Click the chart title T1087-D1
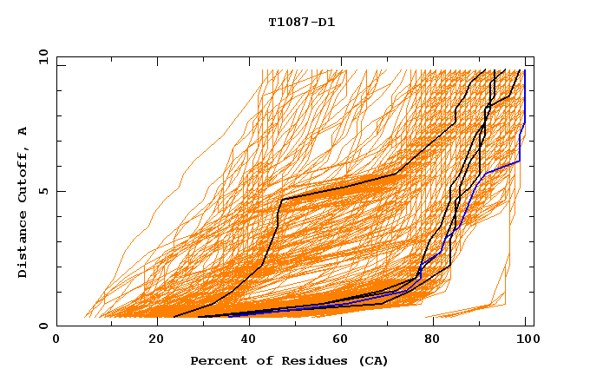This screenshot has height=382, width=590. pos(301,22)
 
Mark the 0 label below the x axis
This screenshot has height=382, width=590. pos(56,339)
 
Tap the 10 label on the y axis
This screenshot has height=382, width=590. pos(41,56)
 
